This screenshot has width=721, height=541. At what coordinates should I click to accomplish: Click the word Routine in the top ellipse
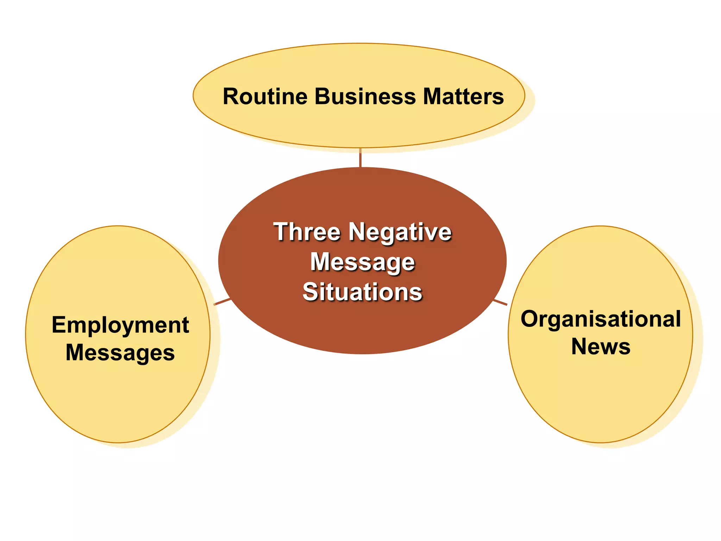point(265,97)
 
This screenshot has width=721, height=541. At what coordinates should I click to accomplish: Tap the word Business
point(365,97)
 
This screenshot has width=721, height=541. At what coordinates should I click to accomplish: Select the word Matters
point(463,97)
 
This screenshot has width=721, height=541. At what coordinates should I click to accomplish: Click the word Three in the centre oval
point(307,232)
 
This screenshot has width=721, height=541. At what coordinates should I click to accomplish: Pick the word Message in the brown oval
point(363,262)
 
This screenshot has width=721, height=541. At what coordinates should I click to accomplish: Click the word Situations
point(363,292)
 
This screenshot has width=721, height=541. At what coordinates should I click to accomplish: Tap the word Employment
point(120,325)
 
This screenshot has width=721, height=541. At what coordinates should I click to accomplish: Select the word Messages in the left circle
point(120,353)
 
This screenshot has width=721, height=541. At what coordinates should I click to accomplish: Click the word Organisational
point(601,319)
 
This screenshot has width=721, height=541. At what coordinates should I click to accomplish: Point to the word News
point(601,347)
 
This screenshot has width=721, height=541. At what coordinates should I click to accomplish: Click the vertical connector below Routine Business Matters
point(360,157)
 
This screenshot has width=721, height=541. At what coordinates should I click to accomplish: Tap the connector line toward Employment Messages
point(222,302)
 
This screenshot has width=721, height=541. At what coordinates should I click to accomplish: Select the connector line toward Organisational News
point(500,303)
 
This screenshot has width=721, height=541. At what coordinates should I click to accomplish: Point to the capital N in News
point(579,347)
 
